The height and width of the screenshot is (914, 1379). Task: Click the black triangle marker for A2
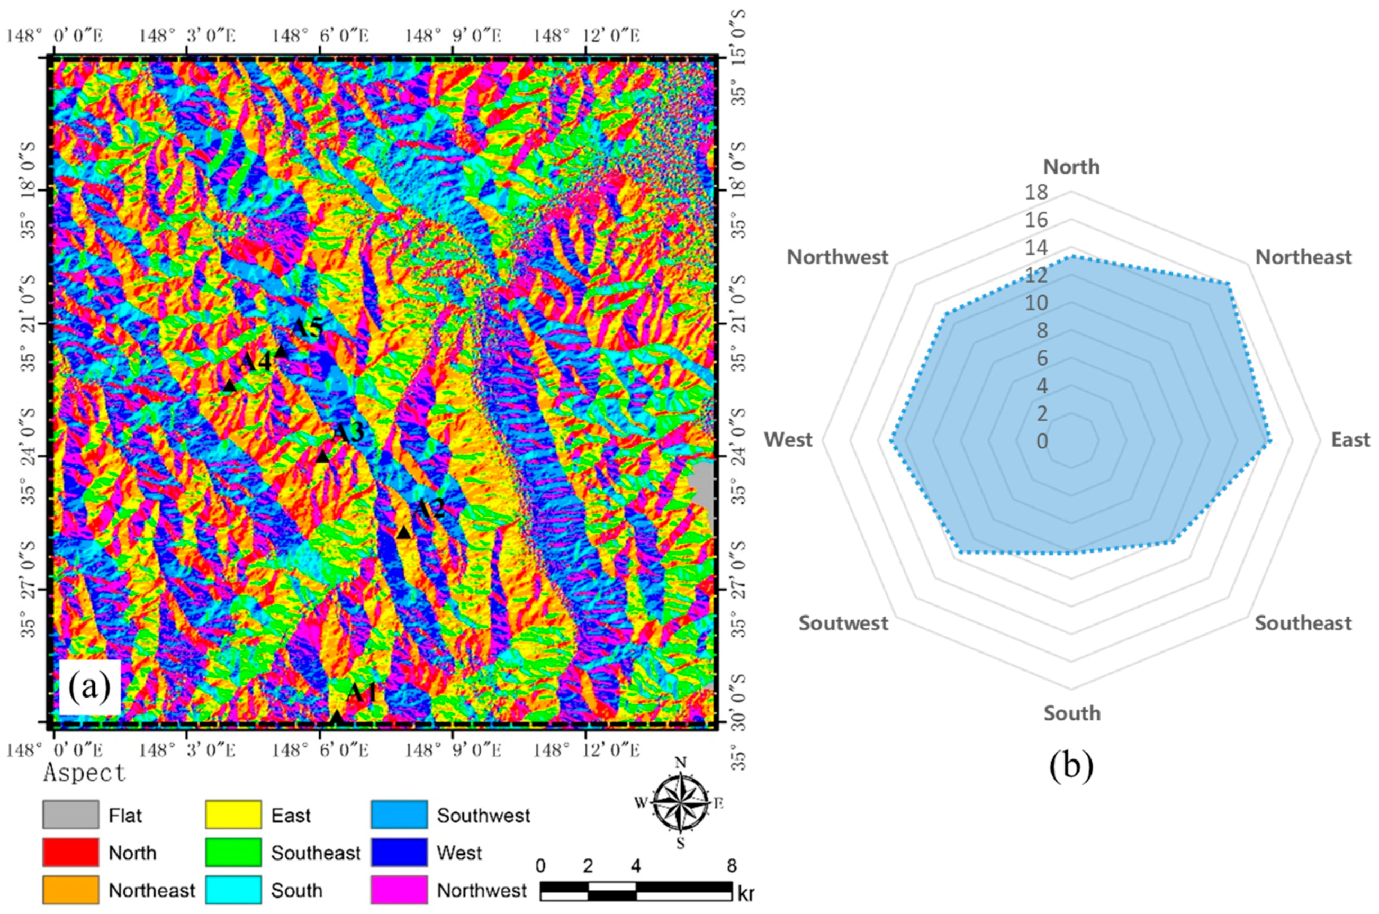point(403,533)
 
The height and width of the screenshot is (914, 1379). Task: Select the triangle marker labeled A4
point(229,385)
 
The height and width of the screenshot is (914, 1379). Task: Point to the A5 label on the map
point(307,329)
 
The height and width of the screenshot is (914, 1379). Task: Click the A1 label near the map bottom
point(362,693)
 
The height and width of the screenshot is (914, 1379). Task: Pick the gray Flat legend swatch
point(70,815)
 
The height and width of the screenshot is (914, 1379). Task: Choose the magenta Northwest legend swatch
point(399,890)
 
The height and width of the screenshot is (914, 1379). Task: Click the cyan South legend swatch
point(233,890)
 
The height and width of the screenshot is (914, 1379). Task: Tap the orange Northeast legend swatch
point(70,890)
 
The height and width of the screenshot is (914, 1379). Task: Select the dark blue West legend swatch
point(399,852)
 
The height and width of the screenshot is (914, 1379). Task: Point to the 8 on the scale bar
point(731,866)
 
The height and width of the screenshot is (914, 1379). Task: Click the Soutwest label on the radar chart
point(843,623)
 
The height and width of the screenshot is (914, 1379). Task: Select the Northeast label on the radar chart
point(1303,257)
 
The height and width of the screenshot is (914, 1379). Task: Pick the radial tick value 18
point(1036,192)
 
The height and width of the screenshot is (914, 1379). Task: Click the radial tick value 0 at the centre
point(1042,441)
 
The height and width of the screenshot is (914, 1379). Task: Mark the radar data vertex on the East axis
point(1269,441)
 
